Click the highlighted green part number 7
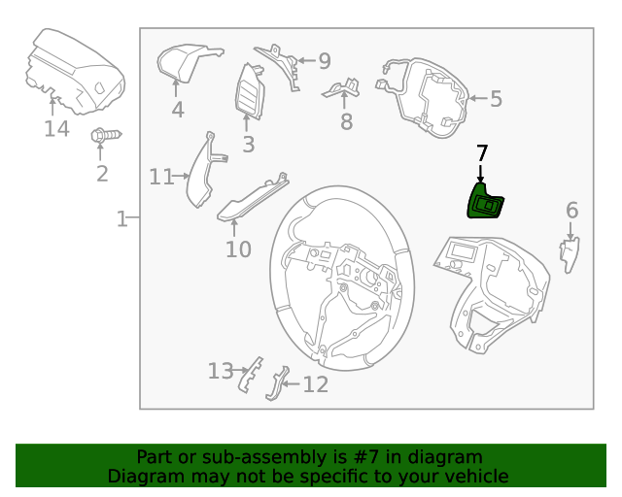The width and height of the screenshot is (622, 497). tap(486, 204)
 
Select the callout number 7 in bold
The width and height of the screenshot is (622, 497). tap(482, 153)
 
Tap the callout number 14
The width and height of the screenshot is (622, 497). tap(56, 128)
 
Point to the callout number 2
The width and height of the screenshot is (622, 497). tap(102, 174)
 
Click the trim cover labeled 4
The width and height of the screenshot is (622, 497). tap(183, 62)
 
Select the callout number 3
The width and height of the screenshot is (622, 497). tap(248, 145)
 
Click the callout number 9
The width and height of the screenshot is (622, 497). tap(324, 60)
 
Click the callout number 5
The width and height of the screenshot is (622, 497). tap(495, 98)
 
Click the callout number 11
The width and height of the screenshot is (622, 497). tap(160, 177)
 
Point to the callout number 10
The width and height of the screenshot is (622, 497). tap(238, 249)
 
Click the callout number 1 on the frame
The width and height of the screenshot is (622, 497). tap(121, 219)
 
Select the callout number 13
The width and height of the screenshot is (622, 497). tap(221, 371)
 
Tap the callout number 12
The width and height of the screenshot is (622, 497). tap(315, 385)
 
